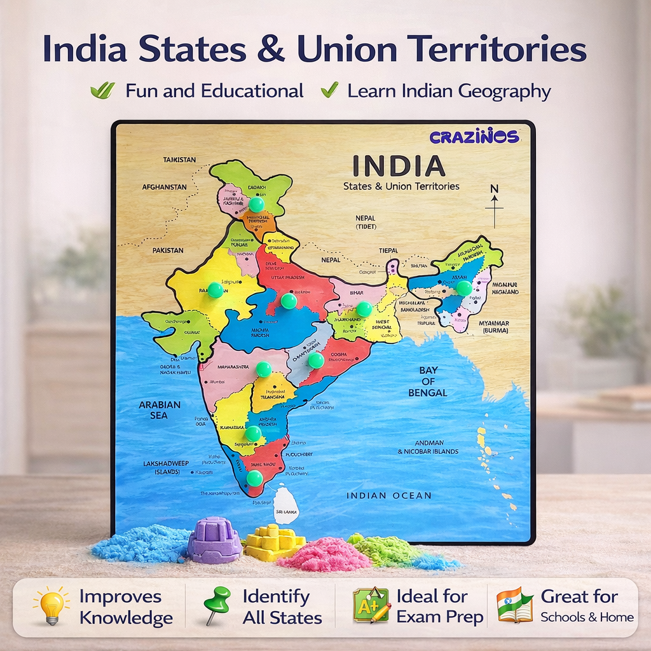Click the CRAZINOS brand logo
[474, 136]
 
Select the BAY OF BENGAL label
[428, 381]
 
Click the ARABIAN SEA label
[160, 409]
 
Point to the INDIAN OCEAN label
[388, 495]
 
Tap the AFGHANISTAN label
[164, 187]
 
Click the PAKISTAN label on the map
[168, 250]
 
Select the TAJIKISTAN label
[179, 160]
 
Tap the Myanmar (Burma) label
[494, 327]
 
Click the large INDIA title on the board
[399, 166]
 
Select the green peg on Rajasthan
[216, 290]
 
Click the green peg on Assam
[464, 288]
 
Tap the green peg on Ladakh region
[256, 204]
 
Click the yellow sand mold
[274, 542]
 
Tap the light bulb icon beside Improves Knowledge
[51, 605]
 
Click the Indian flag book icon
[514, 605]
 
